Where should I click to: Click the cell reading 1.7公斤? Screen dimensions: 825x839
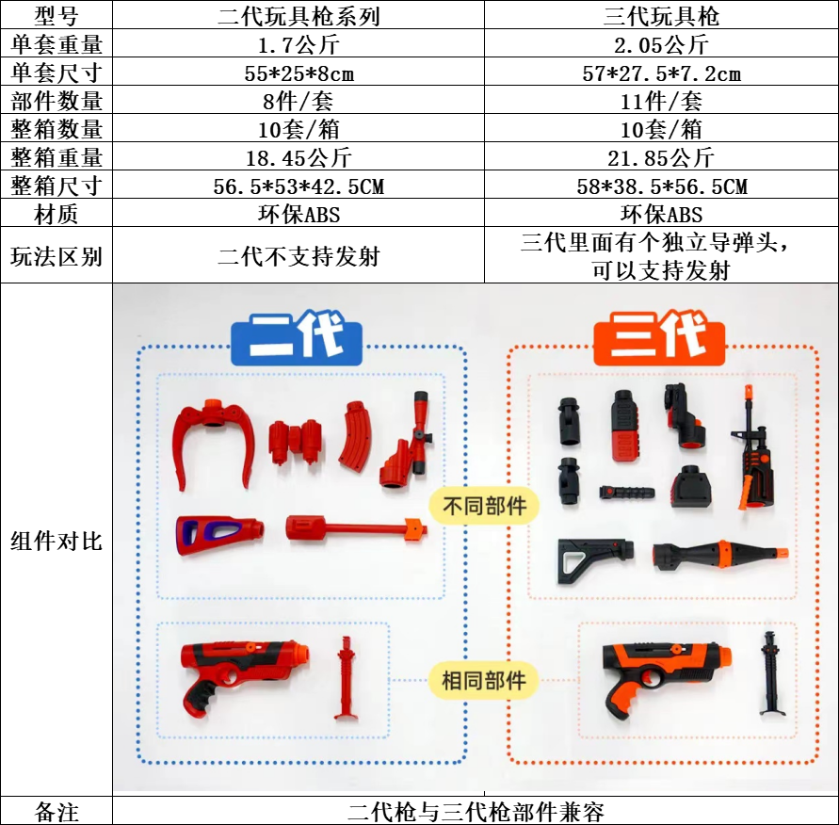point(298,43)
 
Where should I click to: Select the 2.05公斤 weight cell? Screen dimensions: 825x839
point(661,43)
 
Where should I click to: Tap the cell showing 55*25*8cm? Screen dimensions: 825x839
point(298,73)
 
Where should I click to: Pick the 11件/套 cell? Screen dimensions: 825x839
point(661,101)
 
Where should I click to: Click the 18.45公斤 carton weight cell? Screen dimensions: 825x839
point(298,157)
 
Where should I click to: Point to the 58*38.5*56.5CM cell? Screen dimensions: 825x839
point(661,186)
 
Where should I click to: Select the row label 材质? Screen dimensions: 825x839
point(56,215)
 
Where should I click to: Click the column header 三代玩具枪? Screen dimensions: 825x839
point(661,15)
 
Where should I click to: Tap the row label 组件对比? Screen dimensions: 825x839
point(56,541)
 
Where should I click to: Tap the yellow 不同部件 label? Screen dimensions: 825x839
point(484,506)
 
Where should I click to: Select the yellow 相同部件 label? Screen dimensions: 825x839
point(484,680)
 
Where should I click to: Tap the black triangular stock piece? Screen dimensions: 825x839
point(589,561)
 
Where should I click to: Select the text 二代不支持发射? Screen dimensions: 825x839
point(298,255)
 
